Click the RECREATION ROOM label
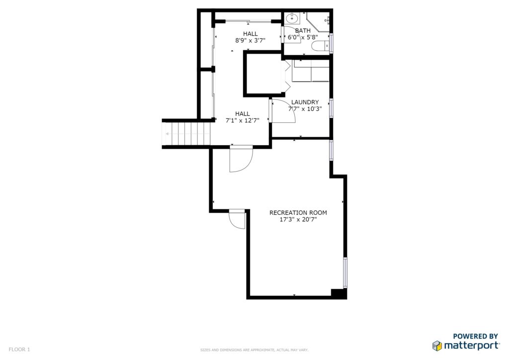pos(298,213)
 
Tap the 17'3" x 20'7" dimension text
pos(298,220)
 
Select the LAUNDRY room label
pos(305,102)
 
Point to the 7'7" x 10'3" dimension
pos(305,109)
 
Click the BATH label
pos(303,30)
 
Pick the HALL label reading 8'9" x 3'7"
pos(251,33)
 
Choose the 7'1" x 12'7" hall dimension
pos(243,121)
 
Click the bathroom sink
pos(292,18)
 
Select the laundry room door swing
pos(283,111)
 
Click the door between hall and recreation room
pos(241,159)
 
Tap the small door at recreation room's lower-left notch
pos(237,219)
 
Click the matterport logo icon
pos(437,346)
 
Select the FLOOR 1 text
pos(19,350)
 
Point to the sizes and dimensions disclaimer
pos(254,350)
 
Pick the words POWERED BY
pos(475,336)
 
